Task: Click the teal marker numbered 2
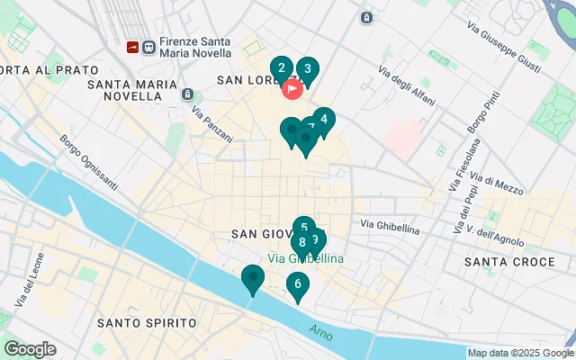click(282, 68)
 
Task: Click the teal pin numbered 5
click(304, 229)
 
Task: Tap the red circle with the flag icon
click(292, 89)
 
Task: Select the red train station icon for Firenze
click(133, 46)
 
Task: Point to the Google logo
click(30, 349)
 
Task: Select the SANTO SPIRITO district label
click(147, 322)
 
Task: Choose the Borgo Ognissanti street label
click(88, 162)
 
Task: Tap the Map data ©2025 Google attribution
click(520, 353)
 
